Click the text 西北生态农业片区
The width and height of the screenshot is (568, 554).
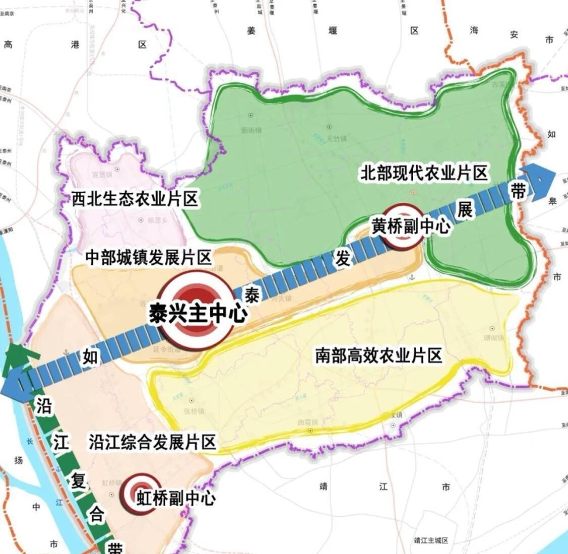134,199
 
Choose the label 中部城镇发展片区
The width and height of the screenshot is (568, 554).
149,257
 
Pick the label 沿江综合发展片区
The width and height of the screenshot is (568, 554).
152,442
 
